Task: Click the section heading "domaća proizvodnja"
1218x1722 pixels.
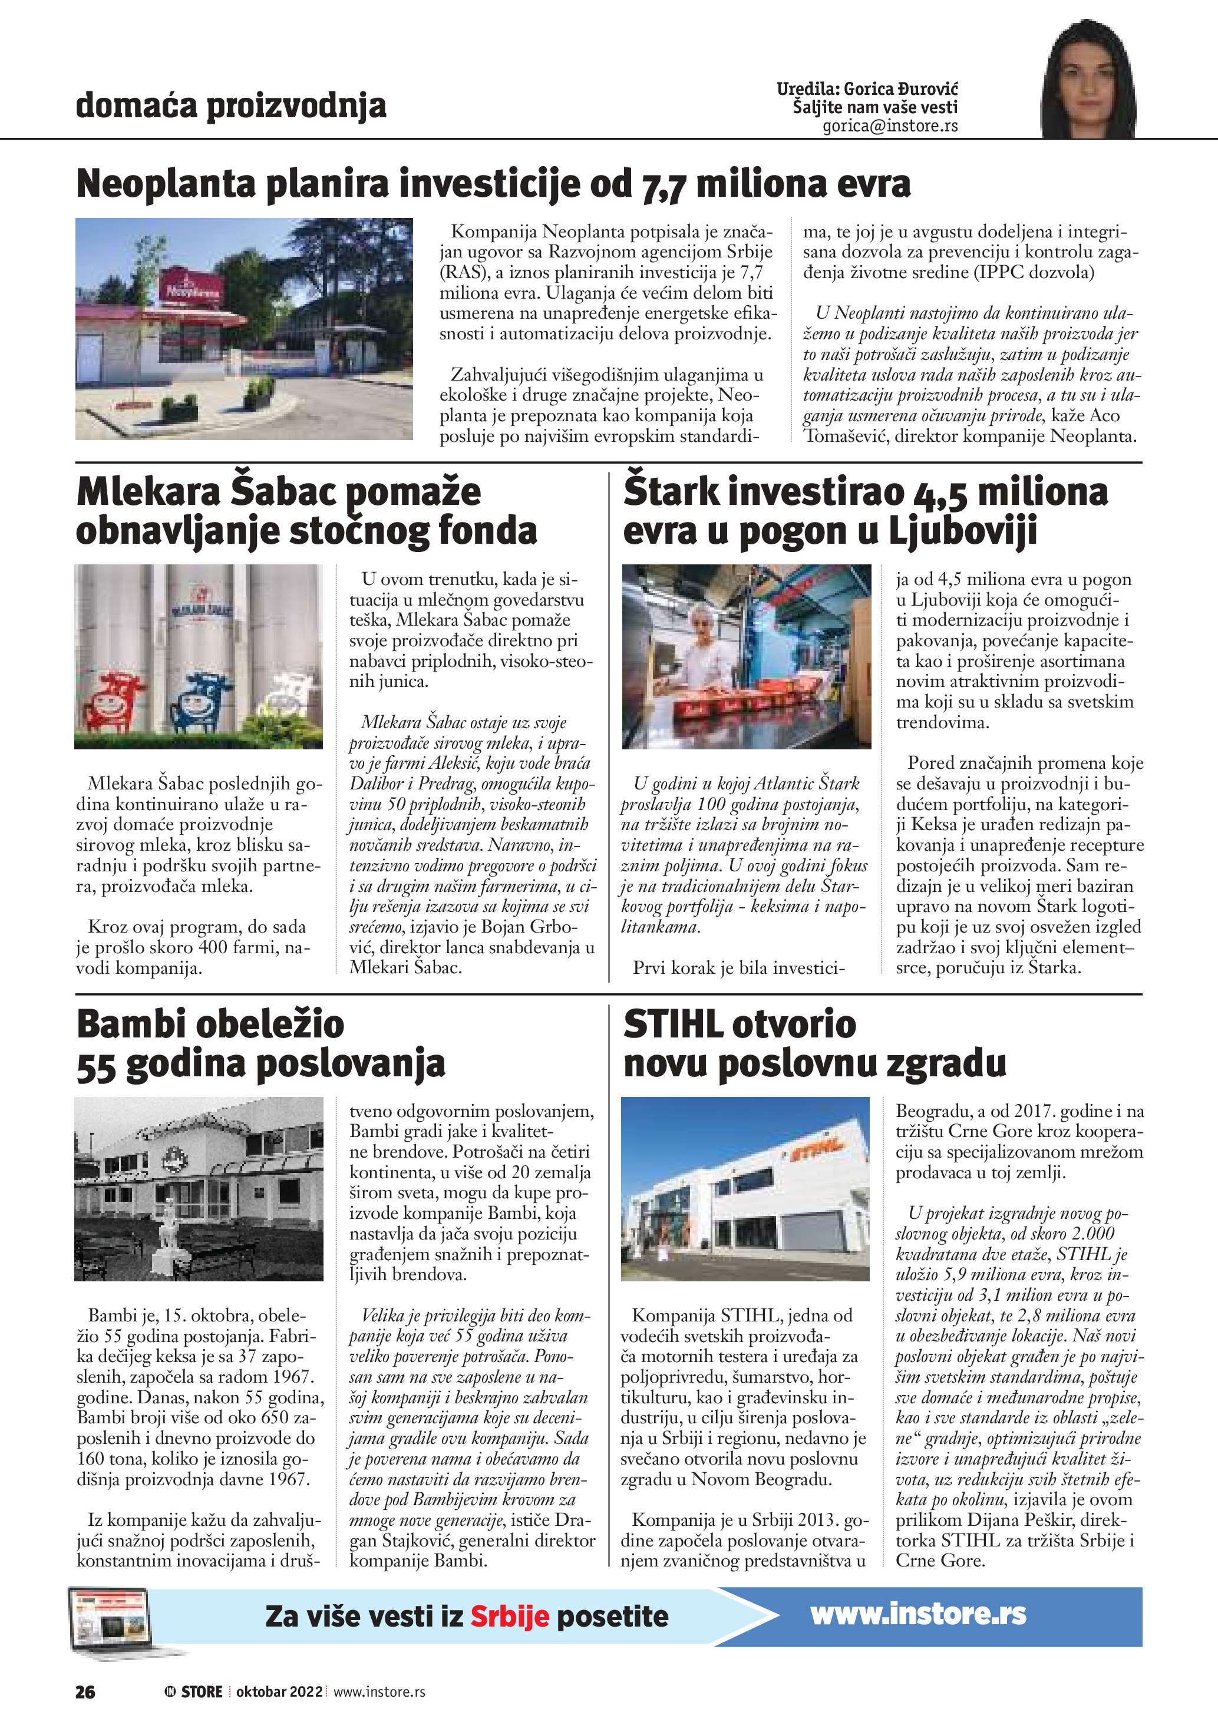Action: click(x=231, y=106)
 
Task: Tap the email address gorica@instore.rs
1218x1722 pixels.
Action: click(x=890, y=126)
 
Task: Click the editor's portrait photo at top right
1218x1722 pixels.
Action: click(x=1088, y=82)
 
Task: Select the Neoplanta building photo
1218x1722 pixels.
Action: click(x=244, y=329)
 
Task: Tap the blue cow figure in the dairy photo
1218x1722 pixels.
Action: click(x=201, y=701)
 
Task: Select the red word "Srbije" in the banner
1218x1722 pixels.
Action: click(x=509, y=1617)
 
